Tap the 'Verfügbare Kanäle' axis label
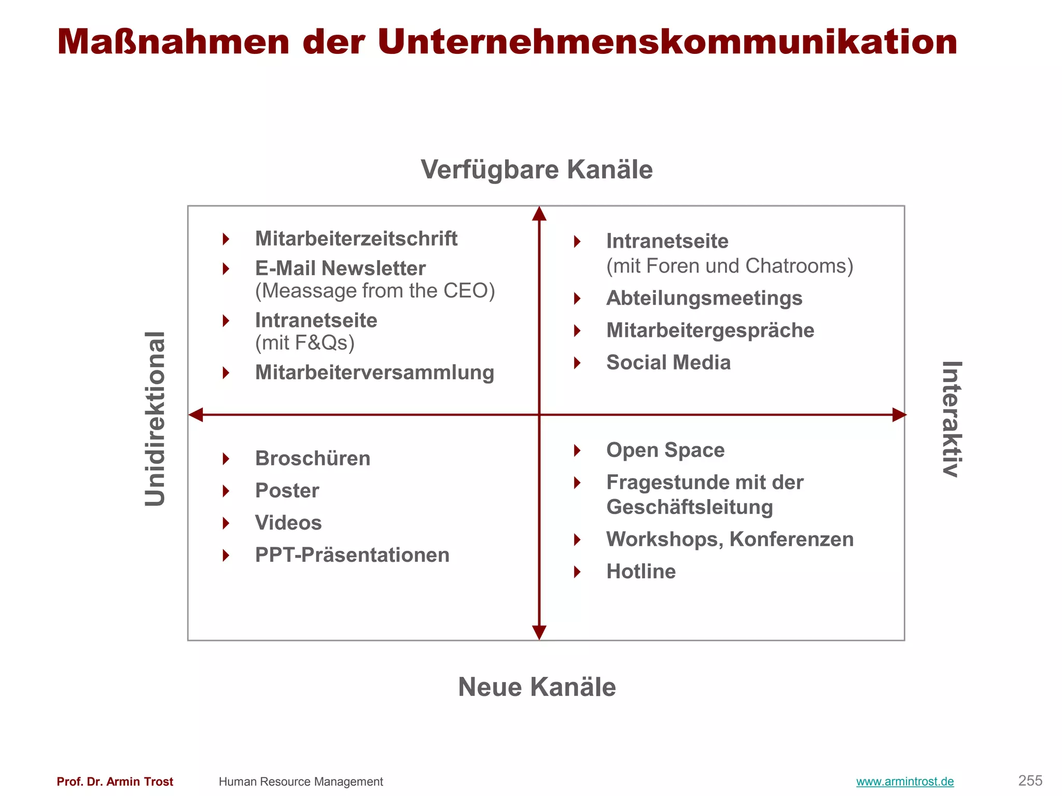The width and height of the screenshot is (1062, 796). [537, 169]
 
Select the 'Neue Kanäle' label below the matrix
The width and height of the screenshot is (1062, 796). [537, 687]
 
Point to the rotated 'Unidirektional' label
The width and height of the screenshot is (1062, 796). [155, 419]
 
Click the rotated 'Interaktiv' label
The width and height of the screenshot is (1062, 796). [952, 419]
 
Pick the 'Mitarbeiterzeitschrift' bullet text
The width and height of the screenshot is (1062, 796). [356, 239]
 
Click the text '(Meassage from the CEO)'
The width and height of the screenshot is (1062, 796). [375, 291]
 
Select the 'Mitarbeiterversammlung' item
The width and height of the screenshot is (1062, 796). [374, 373]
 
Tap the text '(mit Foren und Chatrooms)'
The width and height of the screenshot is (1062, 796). [730, 266]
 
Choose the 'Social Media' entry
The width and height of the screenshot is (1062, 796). [668, 363]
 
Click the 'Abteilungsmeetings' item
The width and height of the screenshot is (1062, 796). [704, 298]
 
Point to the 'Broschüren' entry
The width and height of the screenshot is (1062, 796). [313, 459]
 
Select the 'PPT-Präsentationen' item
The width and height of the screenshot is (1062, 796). [352, 555]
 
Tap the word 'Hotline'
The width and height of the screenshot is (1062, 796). [641, 572]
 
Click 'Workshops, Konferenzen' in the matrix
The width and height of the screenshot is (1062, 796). [730, 539]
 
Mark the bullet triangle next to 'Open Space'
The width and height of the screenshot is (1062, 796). [577, 450]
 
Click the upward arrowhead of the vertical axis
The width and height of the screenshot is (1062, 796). [539, 214]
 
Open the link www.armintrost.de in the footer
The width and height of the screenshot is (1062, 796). [905, 781]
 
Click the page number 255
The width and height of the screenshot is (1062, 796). [1030, 780]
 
